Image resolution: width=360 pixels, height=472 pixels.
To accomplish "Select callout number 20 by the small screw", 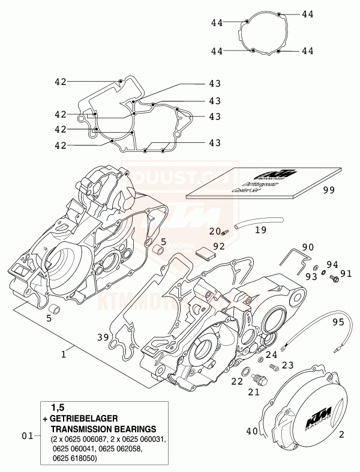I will click(x=215, y=232).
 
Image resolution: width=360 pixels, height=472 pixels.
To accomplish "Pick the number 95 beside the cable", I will click(x=338, y=322).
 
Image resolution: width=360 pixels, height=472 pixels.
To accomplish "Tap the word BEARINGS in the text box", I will click(x=133, y=429).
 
